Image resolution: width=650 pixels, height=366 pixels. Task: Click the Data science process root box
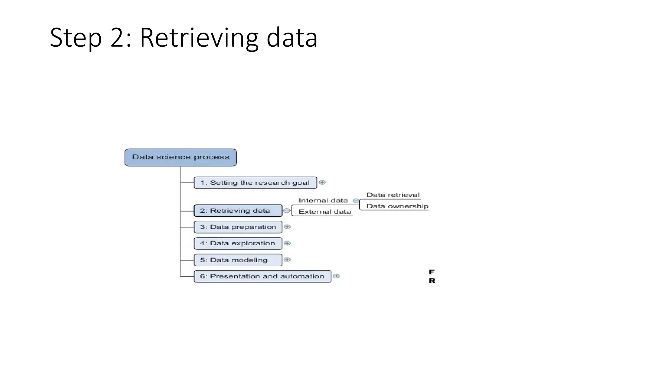point(181,157)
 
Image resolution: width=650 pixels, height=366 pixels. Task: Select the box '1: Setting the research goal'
point(255,183)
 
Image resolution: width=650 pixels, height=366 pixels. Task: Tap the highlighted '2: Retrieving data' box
point(238,211)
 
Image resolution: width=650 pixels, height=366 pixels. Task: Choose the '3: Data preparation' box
point(238,227)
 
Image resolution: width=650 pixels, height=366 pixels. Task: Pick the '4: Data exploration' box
point(238,243)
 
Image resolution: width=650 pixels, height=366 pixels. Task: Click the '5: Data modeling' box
point(238,260)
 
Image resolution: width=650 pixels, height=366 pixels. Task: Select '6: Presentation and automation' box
point(262,276)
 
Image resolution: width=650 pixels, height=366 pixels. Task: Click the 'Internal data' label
point(323,200)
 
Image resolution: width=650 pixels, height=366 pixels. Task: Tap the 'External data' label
point(325,212)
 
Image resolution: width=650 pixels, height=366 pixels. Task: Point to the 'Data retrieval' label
point(393,195)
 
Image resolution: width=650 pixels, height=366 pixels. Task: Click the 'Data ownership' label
point(397,206)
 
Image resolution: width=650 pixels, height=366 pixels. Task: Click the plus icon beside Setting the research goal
point(322,182)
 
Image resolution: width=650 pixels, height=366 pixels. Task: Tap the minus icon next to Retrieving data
point(287,211)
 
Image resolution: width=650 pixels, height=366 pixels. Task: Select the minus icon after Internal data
point(356,201)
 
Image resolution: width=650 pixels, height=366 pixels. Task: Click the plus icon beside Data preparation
point(287,227)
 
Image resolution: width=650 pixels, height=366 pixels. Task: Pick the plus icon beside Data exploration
point(287,243)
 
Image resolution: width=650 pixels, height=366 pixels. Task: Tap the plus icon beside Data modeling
point(287,260)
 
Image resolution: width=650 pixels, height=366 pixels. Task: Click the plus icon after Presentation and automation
point(336,276)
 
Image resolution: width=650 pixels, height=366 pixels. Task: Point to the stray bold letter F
point(432,272)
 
